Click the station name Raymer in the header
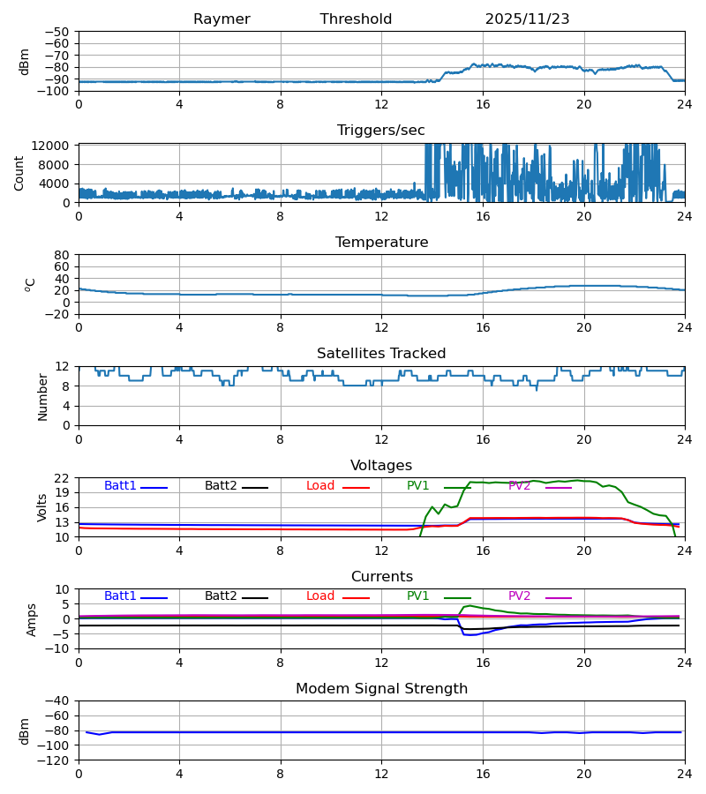222,19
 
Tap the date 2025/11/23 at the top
527,19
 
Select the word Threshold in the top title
356,19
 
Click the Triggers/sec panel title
381,131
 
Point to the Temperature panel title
381,243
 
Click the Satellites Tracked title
381,354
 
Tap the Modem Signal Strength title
381,689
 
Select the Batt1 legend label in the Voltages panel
120,486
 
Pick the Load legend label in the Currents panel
320,596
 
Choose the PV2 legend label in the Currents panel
519,596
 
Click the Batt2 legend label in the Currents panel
221,596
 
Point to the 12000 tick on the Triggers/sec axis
54,146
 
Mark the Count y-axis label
19,173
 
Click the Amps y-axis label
33,619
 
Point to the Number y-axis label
42,396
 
